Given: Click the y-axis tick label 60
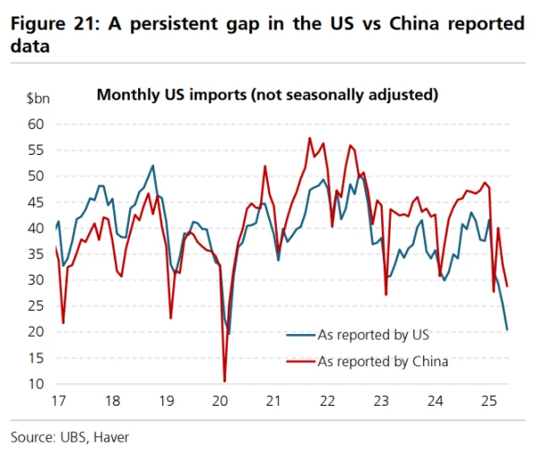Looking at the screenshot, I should point(36,124).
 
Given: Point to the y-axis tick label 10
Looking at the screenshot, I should point(36,384).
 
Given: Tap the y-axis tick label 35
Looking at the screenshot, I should point(36,254).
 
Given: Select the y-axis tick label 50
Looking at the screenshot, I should point(36,176).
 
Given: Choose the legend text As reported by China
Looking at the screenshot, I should point(383,361).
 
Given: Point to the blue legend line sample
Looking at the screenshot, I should point(301,336).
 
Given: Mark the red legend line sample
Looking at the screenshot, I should point(301,361).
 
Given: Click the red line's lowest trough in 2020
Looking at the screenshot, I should point(224,382).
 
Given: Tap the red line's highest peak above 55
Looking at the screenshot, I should point(309,138).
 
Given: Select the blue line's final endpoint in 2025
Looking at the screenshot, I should point(507,330).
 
